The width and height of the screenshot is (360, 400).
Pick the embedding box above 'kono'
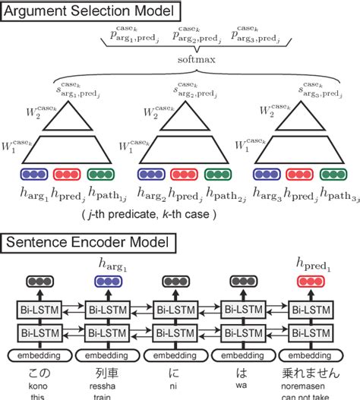click(42, 354)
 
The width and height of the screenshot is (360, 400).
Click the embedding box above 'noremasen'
click(314, 354)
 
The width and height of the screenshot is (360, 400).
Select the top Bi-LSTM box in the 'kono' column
click(42, 310)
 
